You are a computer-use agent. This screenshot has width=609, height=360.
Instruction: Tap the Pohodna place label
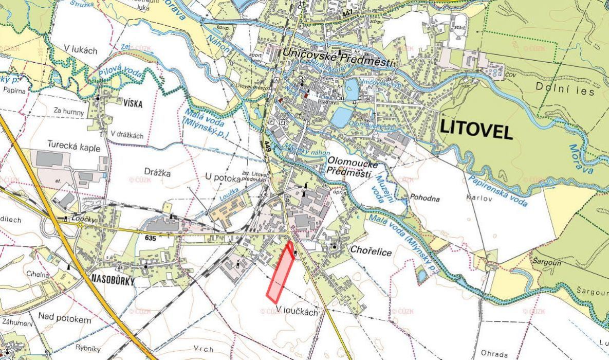tap(425, 197)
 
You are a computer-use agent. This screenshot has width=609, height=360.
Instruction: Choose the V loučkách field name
tap(297, 311)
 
